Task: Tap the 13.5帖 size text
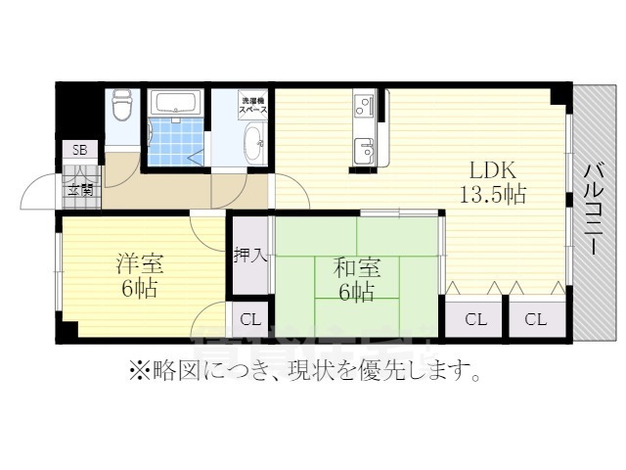[494, 193]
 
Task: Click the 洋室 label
[139, 263]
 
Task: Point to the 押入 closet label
[249, 257]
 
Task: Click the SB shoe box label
[79, 151]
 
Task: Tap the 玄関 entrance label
[80, 189]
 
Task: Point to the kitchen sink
[364, 149]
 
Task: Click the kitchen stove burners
[364, 104]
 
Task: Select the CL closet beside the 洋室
[250, 319]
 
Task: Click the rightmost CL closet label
[535, 319]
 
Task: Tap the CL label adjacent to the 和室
[475, 319]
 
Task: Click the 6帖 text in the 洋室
[139, 289]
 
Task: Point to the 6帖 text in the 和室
[355, 292]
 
